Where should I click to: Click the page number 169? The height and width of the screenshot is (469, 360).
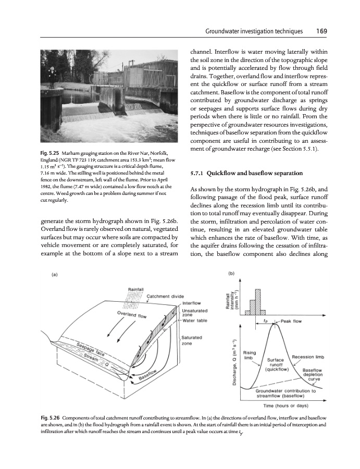321,31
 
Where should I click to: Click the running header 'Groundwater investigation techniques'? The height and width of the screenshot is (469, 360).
254,31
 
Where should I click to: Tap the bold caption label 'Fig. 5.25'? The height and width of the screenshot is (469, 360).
51,152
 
